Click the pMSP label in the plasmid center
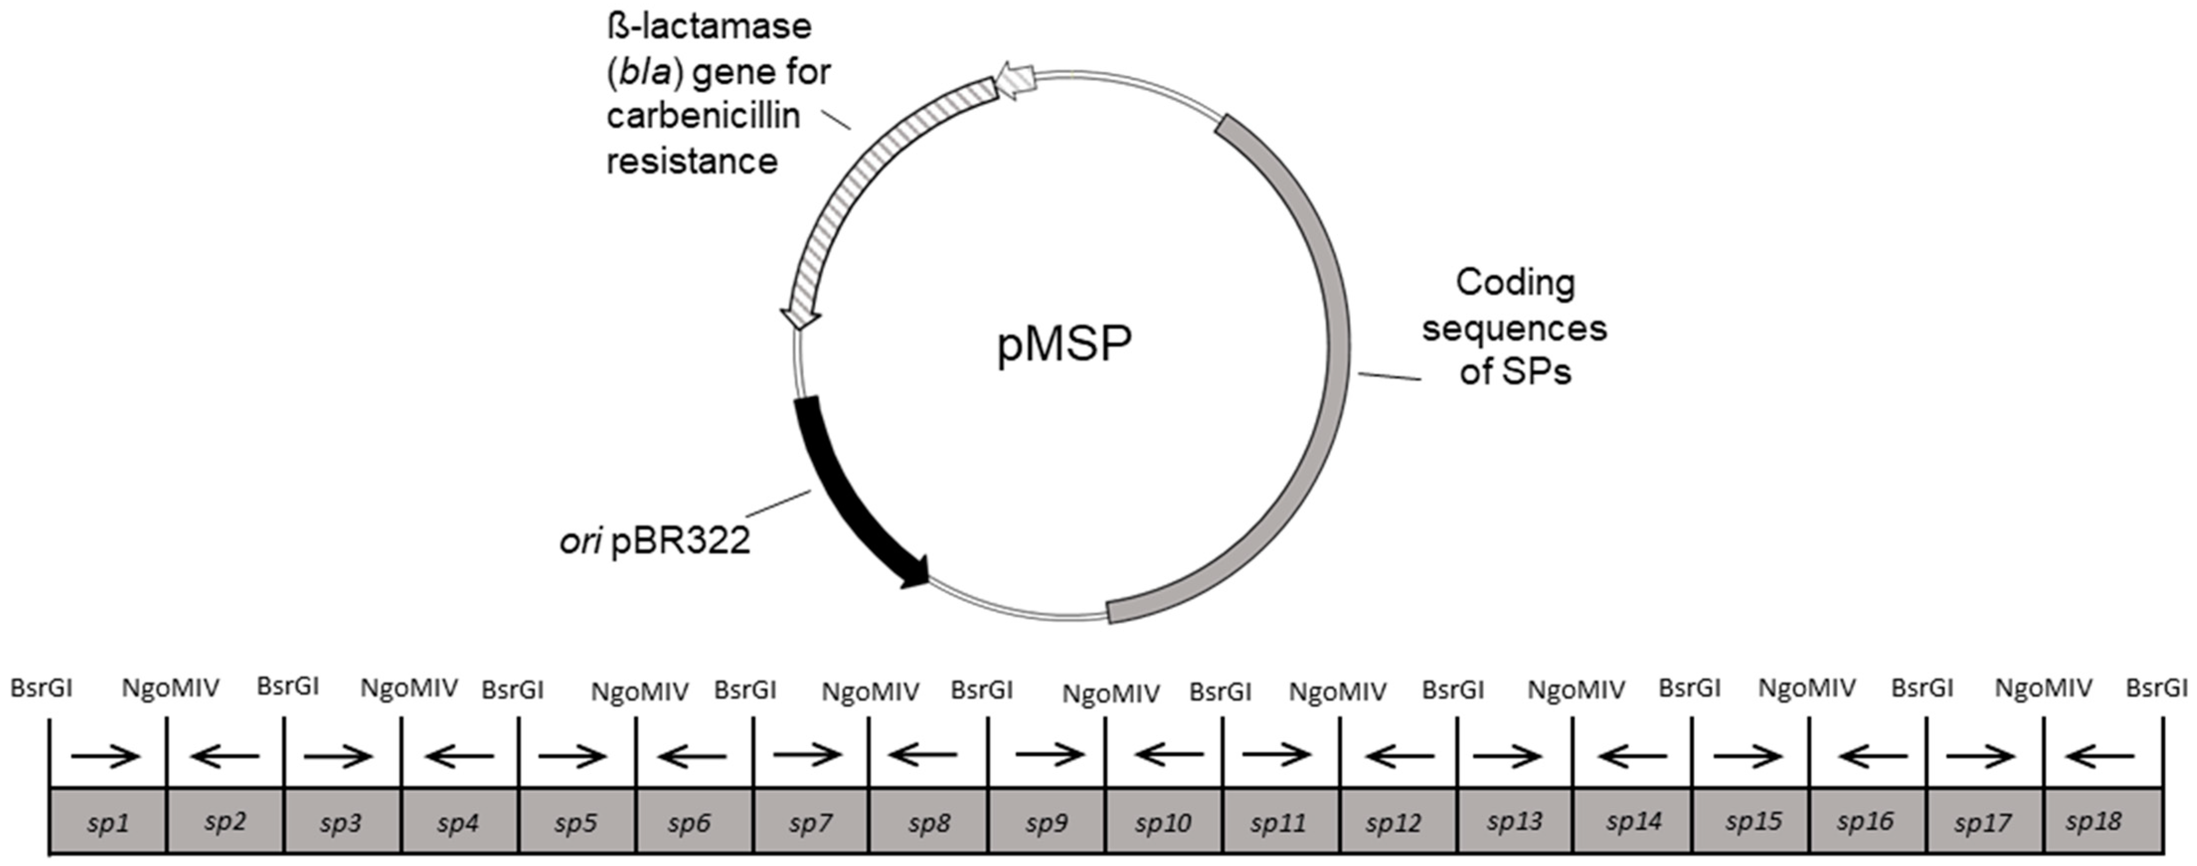click(x=1064, y=343)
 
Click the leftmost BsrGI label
click(x=41, y=688)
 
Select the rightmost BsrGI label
click(x=2156, y=688)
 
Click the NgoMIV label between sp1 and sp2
click(x=170, y=688)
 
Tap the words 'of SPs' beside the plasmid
click(x=1515, y=372)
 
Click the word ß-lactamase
click(x=709, y=26)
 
